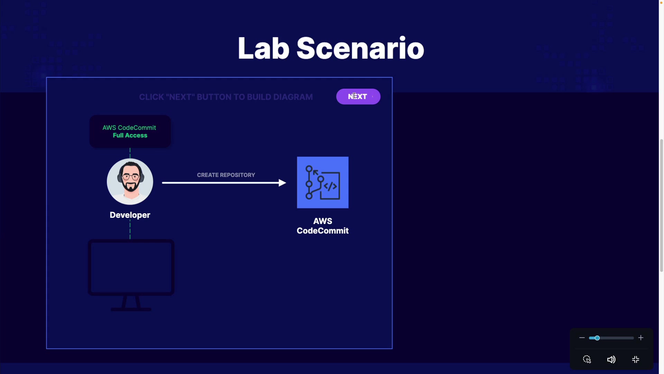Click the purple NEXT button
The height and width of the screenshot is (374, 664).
(358, 97)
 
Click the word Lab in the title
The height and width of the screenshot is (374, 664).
(263, 48)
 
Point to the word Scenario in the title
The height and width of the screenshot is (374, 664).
(360, 48)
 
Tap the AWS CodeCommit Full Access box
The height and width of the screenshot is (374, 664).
(130, 132)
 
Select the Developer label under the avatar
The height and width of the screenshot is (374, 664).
(130, 215)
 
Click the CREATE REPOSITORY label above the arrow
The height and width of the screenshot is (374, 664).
(226, 175)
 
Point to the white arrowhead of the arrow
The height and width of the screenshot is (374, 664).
(282, 183)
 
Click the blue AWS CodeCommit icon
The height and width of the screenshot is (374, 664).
(322, 182)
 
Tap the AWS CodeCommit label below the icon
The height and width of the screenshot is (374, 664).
(322, 226)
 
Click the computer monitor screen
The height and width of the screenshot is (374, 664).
(131, 267)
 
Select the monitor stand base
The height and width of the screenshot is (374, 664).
(131, 309)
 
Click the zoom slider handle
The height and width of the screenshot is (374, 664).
(597, 338)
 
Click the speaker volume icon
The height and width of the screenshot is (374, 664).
(611, 360)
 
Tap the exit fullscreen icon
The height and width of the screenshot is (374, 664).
(636, 360)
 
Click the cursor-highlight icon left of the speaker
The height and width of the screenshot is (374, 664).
(587, 360)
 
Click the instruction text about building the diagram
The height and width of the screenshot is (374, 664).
(226, 97)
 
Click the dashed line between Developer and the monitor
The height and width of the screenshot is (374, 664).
(130, 230)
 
